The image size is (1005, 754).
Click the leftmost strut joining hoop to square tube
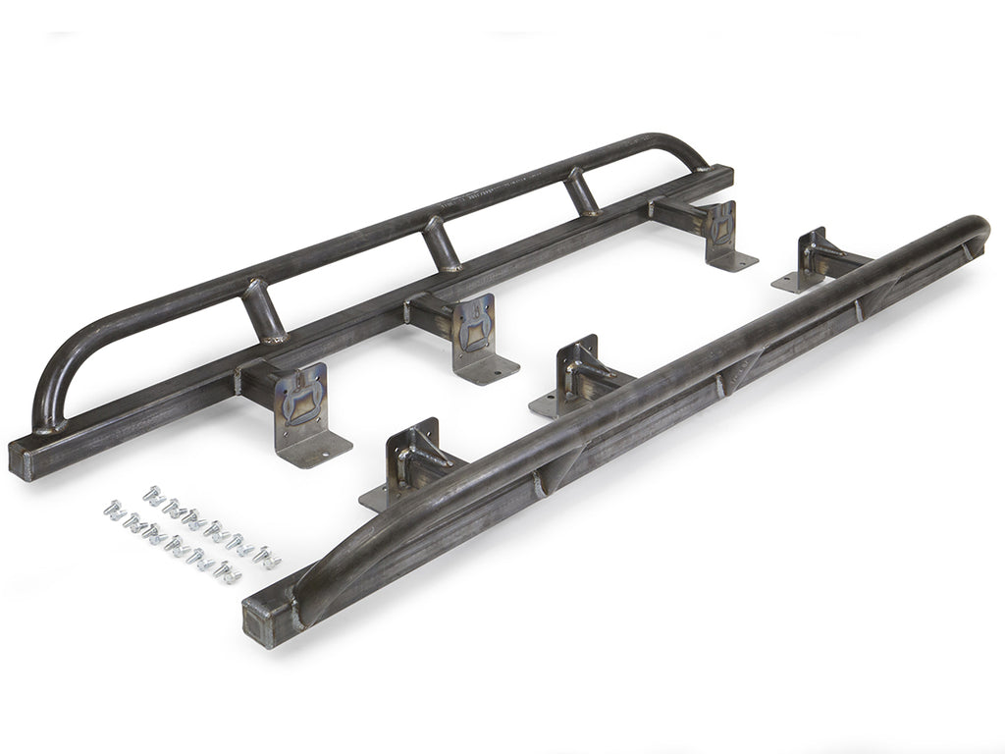[x=263, y=310]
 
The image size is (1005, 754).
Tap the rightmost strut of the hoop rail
[x=582, y=190]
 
